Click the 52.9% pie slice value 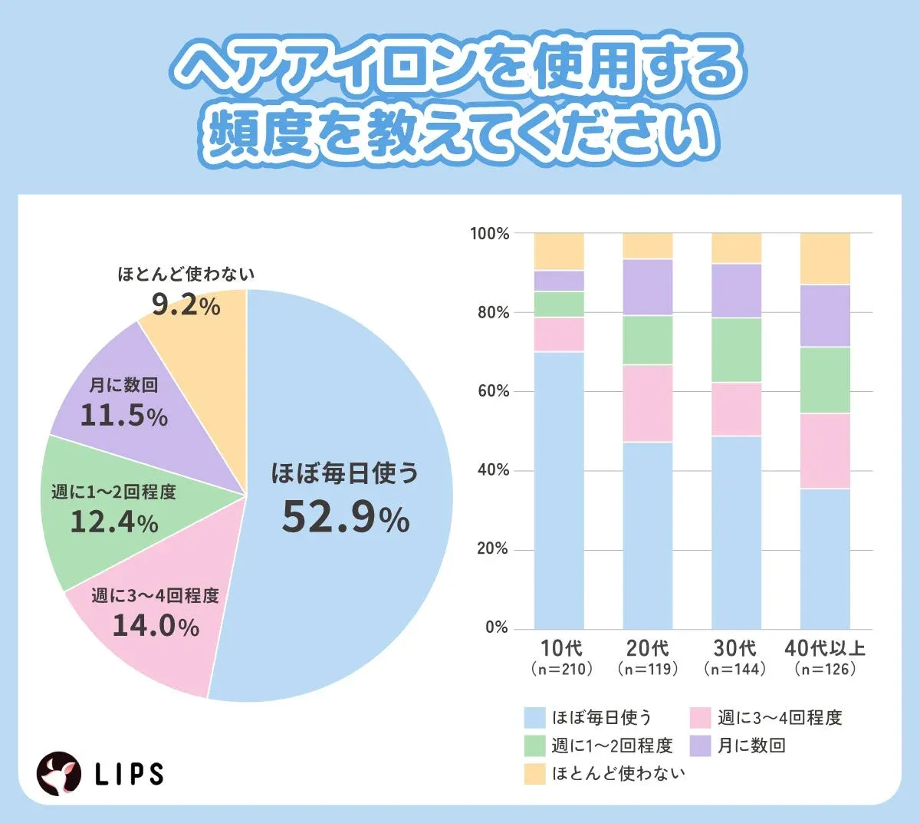point(345,517)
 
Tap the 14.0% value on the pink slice point(156,626)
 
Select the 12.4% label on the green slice point(113,522)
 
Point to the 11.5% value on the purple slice point(123,416)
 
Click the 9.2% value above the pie point(186,305)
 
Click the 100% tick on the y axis point(489,234)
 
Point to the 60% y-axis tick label point(492,391)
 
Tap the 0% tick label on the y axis point(497,627)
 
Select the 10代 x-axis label point(561,648)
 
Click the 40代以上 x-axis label point(825,648)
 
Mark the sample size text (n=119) point(648,669)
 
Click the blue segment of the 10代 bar point(559,491)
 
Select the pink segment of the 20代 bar point(648,403)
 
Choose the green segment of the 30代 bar point(736,350)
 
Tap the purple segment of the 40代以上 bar point(825,316)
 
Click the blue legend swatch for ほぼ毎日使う point(534,718)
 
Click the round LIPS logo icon point(60,773)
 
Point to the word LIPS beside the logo point(130,774)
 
